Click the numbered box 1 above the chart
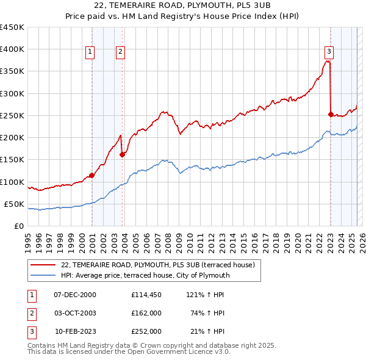90,52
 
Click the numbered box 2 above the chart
121,52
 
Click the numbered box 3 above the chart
329,52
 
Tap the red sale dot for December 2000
91,175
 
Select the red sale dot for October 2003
122,154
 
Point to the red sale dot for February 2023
331,114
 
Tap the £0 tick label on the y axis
19,226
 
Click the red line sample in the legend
43,265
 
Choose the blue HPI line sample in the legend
43,275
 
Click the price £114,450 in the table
146,295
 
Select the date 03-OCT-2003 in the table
75,313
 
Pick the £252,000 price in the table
146,331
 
